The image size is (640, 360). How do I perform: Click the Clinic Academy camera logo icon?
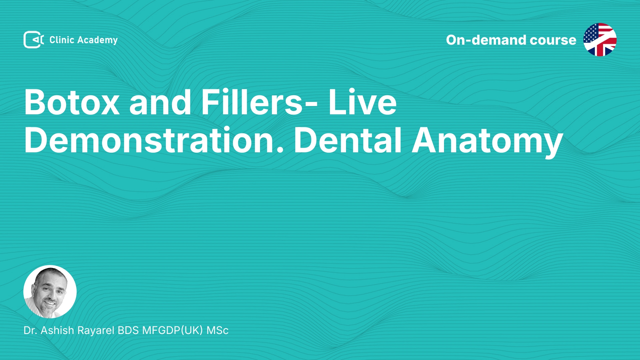[x=34, y=40]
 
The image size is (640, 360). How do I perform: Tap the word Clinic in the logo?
[x=62, y=40]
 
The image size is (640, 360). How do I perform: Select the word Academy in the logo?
[x=97, y=40]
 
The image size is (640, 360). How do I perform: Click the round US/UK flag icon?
[x=600, y=40]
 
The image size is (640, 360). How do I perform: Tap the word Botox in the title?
[x=72, y=102]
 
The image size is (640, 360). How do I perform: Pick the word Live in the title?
[x=363, y=102]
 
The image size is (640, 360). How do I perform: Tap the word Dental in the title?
[x=348, y=140]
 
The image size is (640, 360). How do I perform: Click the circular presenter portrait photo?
[x=50, y=292]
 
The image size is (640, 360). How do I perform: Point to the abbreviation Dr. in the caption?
[x=30, y=330]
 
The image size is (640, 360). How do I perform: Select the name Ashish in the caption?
[x=57, y=330]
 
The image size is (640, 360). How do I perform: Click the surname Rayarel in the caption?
[x=96, y=331]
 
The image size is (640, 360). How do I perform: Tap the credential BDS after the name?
[x=128, y=330]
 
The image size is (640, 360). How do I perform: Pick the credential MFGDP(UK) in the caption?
[x=173, y=330]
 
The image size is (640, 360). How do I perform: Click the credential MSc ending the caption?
[x=217, y=330]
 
